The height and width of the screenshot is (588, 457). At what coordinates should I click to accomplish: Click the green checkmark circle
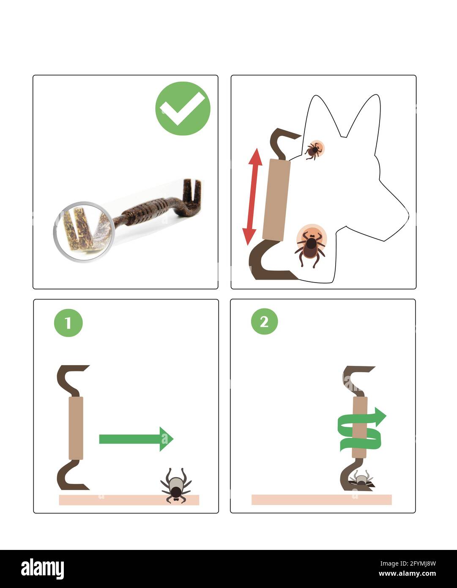point(183,109)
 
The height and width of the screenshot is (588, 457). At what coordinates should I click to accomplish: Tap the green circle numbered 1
point(68,323)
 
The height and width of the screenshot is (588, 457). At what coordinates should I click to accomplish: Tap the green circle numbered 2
point(265,321)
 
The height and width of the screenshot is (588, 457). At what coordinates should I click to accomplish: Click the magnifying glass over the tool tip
point(84,231)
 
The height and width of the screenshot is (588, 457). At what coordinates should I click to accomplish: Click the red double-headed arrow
point(252,196)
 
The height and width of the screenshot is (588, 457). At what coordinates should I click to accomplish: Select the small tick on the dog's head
point(314,150)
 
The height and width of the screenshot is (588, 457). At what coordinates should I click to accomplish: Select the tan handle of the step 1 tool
point(76,428)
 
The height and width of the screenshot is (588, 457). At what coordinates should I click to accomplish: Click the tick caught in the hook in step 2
point(361,479)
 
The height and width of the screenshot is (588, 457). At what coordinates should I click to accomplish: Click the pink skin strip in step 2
point(321,500)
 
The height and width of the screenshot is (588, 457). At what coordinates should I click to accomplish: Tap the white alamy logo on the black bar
point(42,569)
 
